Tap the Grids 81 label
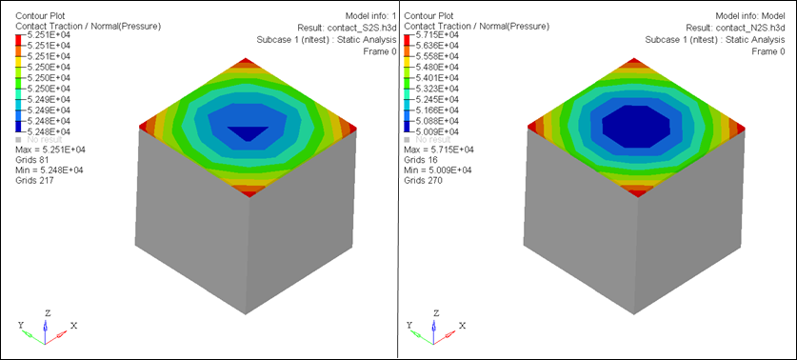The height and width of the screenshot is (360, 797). tap(34, 160)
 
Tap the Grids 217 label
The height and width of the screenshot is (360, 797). tap(36, 181)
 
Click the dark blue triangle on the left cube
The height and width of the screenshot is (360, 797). tap(248, 133)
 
